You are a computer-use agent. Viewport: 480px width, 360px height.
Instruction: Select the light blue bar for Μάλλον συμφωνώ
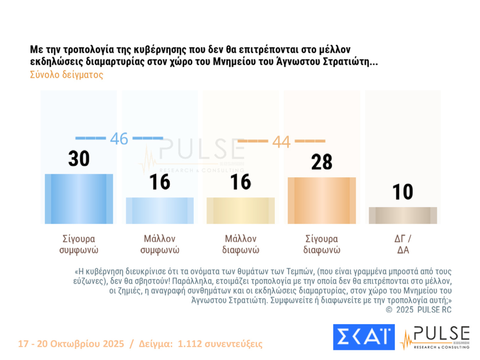coord(160,210)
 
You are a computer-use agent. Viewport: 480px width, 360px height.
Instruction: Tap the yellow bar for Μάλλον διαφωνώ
coord(240,210)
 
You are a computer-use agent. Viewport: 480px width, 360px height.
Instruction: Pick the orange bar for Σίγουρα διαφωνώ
coord(322,200)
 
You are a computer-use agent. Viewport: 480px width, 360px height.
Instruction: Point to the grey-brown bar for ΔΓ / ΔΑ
coord(403,215)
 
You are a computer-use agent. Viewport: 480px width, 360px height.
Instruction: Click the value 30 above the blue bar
coord(79,158)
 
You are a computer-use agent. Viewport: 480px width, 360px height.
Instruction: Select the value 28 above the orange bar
coord(322,162)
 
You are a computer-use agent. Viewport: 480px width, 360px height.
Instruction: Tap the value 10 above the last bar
coord(403,192)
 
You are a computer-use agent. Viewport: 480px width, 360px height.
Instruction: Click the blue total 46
coord(119,139)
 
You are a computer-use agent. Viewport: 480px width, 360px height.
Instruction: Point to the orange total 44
coord(281,142)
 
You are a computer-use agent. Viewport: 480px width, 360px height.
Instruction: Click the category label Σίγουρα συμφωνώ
coord(79,244)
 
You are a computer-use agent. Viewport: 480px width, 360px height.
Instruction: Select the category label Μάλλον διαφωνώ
coord(240,244)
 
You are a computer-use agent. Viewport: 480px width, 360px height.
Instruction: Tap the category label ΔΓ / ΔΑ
coord(403,244)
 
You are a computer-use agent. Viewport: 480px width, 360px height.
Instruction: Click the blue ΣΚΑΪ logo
coord(364,337)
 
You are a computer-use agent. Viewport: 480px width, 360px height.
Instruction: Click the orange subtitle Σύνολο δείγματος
coord(66,75)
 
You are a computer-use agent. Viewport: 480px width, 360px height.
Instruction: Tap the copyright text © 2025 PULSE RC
coord(419,310)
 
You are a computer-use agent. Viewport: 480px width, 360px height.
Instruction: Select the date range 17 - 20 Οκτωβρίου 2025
coord(71,344)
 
